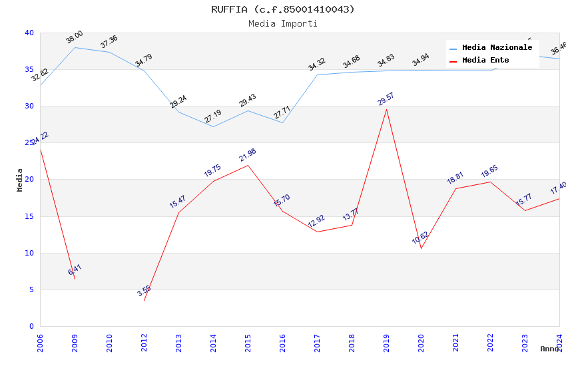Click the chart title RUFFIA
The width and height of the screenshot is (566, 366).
282,9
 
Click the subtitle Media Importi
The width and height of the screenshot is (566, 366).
282,23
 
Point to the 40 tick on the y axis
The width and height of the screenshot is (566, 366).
29,33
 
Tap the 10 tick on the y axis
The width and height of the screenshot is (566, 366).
29,253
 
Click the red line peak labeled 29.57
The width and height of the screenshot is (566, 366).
386,109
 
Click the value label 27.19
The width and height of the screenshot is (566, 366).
213,116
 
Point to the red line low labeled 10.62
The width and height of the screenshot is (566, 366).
421,248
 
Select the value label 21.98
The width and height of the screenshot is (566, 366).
248,155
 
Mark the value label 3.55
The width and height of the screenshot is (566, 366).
144,291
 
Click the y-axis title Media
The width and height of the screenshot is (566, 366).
20,180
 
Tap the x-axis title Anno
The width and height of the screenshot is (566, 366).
549,349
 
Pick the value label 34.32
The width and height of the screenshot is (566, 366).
317,64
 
